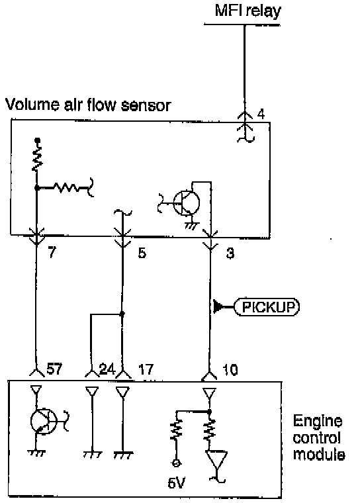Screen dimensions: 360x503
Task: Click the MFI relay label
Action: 247,11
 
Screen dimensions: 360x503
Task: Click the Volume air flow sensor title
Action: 89,105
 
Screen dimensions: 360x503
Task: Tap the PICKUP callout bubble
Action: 267,307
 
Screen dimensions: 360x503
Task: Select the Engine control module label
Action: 319,437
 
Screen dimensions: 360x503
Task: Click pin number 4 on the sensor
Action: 261,114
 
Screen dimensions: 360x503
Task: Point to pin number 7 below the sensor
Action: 52,252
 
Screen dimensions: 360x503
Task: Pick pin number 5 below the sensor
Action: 142,253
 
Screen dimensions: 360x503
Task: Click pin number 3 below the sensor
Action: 230,253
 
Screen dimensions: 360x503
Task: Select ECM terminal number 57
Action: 54,369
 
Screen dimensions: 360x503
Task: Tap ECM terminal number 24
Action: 107,369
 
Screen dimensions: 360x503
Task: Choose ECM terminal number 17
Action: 146,369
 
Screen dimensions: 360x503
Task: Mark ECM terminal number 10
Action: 230,370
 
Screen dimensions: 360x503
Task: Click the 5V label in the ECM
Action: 176,482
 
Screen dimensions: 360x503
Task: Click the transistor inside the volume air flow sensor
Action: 186,203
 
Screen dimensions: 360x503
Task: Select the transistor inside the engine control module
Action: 44,421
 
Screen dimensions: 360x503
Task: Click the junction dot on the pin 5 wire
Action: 122,314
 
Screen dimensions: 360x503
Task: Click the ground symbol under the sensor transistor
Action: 192,226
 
